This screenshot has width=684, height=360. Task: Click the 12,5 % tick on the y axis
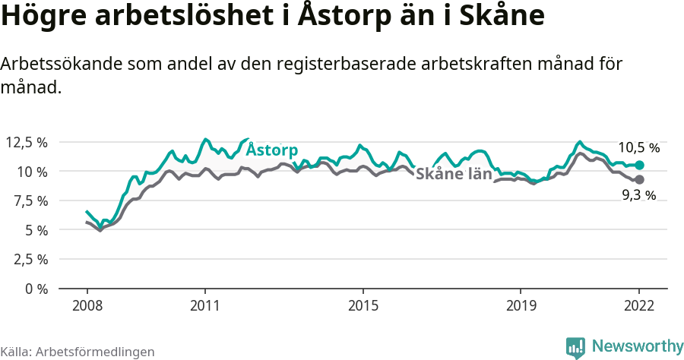27,142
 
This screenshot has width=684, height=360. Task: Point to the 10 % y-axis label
31,172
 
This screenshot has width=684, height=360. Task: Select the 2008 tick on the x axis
87,306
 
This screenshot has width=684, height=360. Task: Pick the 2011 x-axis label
204,306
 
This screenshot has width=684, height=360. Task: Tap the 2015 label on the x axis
363,306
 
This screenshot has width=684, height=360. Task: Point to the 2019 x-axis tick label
521,306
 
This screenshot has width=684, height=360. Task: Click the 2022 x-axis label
639,306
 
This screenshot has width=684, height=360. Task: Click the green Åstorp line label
272,150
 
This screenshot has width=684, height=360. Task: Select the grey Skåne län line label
454,173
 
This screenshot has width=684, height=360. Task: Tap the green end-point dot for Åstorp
639,165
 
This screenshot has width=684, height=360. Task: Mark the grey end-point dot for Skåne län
639,179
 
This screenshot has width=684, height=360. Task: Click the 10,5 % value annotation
638,147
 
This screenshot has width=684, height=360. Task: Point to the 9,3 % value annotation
638,196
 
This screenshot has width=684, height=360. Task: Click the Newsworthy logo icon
575,347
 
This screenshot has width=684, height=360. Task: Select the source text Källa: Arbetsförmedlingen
78,352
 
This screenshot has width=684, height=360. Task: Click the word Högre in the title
45,17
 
